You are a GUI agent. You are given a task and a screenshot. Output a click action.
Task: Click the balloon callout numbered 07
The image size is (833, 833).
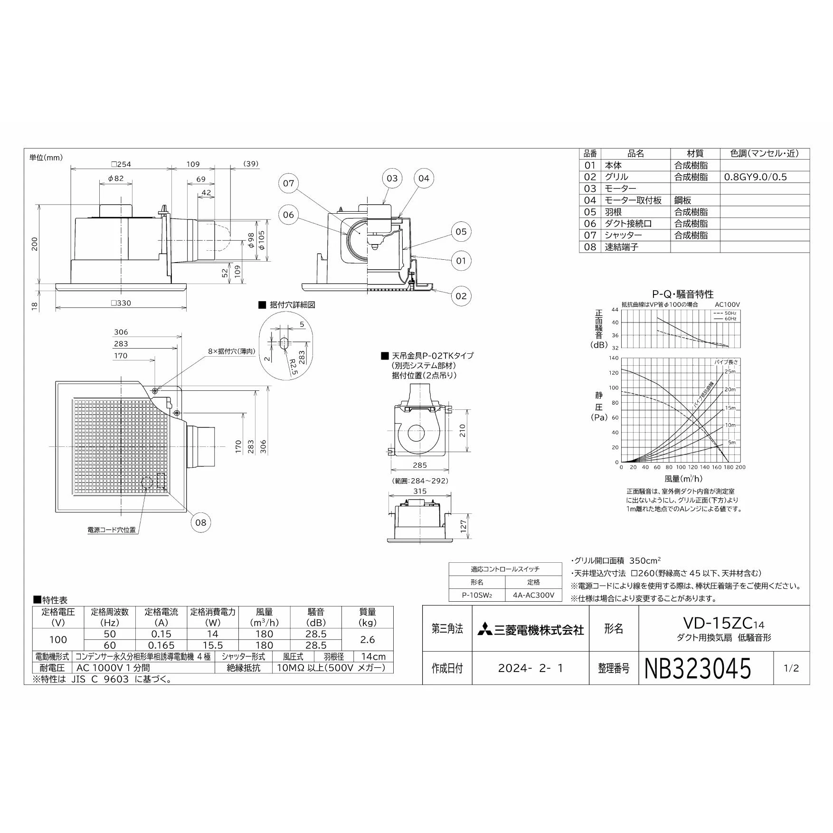pos(289,183)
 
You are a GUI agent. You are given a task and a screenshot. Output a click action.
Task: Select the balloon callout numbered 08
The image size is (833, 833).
pos(201,522)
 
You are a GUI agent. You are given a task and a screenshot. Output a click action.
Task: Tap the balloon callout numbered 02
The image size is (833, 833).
pos(461,296)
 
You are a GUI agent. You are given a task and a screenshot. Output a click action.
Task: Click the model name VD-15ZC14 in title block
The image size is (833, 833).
pos(724,623)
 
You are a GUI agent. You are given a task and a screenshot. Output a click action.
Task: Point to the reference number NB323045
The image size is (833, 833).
pos(698,668)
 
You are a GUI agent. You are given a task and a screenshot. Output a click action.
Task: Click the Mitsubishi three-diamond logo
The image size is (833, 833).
pos(485,630)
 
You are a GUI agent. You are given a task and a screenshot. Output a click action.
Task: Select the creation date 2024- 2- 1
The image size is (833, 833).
pos(530,668)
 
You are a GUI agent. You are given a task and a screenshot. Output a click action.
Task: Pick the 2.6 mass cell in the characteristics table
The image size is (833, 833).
pos(368,640)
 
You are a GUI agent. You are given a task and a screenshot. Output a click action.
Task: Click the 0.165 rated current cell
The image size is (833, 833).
pos(161,645)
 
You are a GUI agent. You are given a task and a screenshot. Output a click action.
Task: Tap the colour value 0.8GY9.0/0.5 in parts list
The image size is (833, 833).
pos(755,177)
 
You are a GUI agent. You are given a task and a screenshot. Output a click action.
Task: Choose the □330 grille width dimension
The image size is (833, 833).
pos(121,303)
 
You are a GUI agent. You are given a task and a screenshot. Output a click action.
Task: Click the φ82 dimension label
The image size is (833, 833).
pos(116,179)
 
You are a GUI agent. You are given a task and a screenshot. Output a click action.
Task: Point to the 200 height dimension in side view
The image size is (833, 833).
pos(34,244)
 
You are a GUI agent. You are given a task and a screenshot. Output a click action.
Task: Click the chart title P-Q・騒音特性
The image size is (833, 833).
pos(683,294)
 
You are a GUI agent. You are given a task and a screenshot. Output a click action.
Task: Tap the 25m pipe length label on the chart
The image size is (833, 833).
pos(730,371)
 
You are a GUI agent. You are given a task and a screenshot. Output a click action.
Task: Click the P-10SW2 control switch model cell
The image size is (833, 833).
pos(477,595)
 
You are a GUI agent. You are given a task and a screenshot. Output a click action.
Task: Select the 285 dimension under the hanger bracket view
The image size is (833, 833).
pos(420,465)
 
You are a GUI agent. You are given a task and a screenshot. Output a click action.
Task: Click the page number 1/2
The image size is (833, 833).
pos(791,668)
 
